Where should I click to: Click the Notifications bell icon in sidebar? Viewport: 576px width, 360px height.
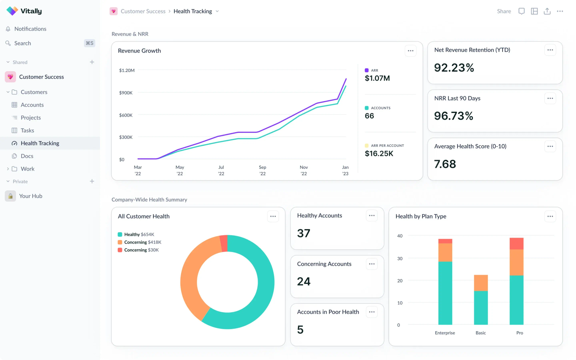[x=8, y=29]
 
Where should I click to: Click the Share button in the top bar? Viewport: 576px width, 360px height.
[x=504, y=11]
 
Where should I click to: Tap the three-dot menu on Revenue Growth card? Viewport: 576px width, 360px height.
[x=410, y=51]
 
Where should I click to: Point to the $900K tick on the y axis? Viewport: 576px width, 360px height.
[x=126, y=93]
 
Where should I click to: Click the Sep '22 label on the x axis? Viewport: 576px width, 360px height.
[x=262, y=170]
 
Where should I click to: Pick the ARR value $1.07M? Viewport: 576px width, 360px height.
[x=377, y=78]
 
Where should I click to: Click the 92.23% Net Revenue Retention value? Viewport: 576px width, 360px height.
[x=454, y=68]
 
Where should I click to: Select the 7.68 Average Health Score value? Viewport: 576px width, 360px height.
[x=445, y=164]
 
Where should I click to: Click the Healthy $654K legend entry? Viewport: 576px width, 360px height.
[x=136, y=234]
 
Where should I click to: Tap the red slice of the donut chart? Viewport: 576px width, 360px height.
[x=224, y=243]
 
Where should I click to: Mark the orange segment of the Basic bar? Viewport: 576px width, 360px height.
[x=481, y=283]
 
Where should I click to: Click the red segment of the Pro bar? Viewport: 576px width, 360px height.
[x=516, y=243]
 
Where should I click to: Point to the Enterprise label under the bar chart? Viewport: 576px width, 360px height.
[x=445, y=333]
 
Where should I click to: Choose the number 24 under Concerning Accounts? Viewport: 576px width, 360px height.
[x=304, y=281]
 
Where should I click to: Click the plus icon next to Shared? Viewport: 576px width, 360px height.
[x=92, y=62]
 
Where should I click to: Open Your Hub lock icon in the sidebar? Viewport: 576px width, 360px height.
[x=10, y=196]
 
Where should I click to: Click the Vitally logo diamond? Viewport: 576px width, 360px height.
[x=12, y=11]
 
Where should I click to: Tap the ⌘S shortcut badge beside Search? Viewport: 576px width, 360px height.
[x=90, y=43]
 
